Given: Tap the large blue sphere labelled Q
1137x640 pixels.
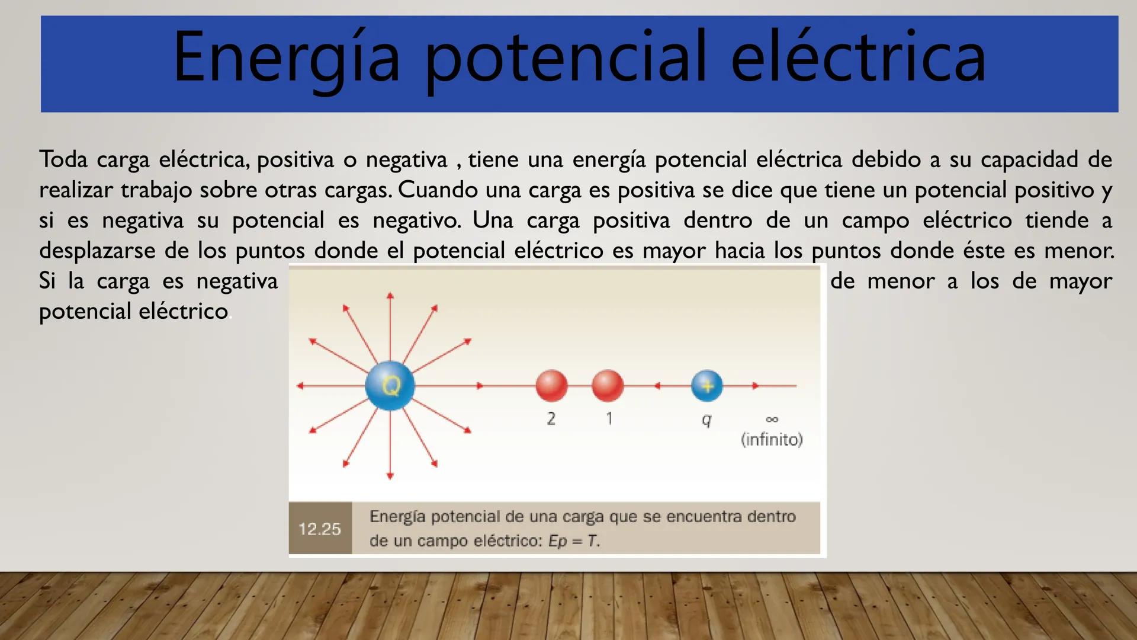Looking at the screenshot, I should [x=390, y=386].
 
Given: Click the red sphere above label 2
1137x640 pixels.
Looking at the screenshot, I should [x=551, y=385].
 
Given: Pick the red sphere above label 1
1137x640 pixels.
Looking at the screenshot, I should [x=608, y=385].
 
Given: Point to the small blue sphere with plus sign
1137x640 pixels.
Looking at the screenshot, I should [x=707, y=386].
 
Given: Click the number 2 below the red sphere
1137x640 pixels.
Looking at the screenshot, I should [x=551, y=418].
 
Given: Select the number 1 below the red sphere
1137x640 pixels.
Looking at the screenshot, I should [x=609, y=418].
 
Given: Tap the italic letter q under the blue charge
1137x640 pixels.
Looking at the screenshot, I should [x=706, y=420].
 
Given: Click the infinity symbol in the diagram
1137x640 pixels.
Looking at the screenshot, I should [x=772, y=419].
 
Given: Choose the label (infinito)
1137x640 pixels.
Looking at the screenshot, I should [x=772, y=439].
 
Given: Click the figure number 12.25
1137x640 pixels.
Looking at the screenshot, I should [x=320, y=529].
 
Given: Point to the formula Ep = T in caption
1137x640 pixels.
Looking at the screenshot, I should [x=573, y=541].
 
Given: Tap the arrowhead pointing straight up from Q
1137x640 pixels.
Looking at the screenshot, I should [x=390, y=296].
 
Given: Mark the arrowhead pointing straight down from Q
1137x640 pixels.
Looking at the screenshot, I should [x=390, y=475].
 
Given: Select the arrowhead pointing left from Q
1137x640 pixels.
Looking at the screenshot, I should [x=300, y=386].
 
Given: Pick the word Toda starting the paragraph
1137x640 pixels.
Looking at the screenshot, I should [x=63, y=159].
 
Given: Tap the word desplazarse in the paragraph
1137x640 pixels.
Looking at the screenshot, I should [x=98, y=251].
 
